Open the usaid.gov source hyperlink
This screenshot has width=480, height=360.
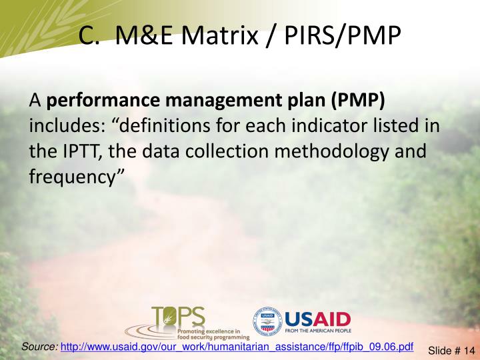pyautogui.click(x=237, y=347)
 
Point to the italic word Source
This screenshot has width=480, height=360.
pyautogui.click(x=39, y=347)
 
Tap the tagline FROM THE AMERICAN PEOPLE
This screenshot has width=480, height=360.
pyautogui.click(x=317, y=331)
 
